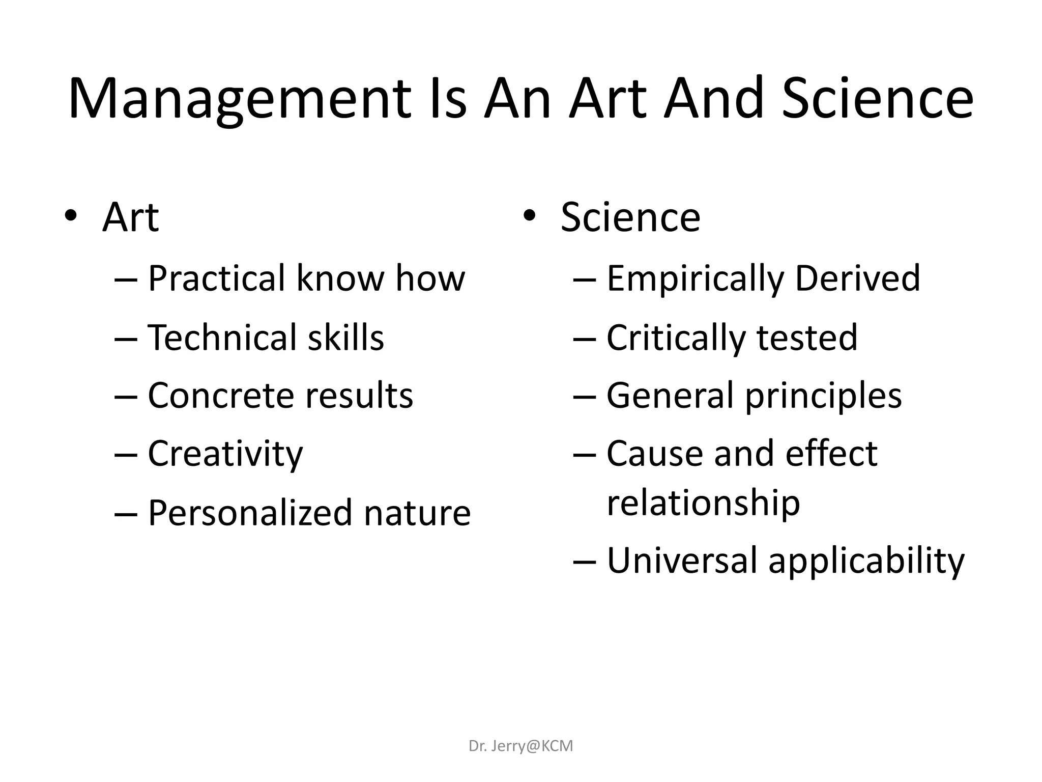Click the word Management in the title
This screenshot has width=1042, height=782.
click(x=239, y=99)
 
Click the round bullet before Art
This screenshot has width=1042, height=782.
click(x=71, y=216)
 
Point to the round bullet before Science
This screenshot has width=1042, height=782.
click(x=529, y=216)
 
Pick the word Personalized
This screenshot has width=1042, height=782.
click(x=249, y=513)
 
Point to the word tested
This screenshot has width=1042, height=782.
click(x=807, y=338)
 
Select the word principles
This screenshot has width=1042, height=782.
click(x=823, y=396)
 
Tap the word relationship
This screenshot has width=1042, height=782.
click(x=703, y=503)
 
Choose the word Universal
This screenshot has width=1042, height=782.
click(x=682, y=561)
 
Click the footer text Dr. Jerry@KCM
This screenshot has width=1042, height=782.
click(x=520, y=746)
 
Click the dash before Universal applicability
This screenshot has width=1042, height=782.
click(x=585, y=561)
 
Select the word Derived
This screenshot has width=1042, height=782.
click(x=857, y=278)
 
